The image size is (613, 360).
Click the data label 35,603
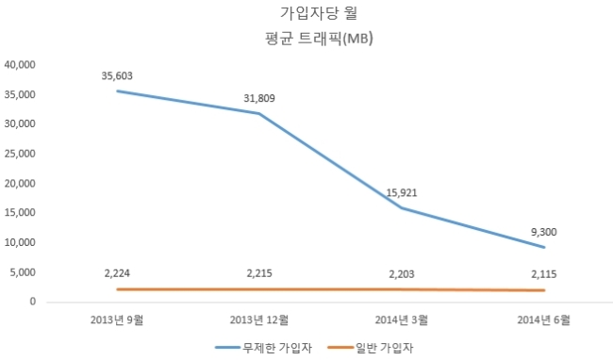[x=117, y=75]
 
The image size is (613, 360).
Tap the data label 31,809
[x=259, y=98]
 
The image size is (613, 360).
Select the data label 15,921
[x=402, y=193]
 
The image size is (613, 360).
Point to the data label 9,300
[x=544, y=232]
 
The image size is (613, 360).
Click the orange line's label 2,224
[x=117, y=273]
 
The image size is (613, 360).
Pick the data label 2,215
[x=259, y=273]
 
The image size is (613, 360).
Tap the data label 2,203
[x=402, y=274]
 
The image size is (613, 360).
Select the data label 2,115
[x=544, y=274]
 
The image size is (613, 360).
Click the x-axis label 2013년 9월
[x=117, y=319]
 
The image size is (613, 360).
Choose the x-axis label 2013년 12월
[x=259, y=319]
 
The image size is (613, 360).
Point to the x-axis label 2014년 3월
[x=402, y=319]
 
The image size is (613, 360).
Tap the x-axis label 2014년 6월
[x=544, y=319]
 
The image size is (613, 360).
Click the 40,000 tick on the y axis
[x=20, y=64]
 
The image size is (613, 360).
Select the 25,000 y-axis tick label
[x=20, y=154]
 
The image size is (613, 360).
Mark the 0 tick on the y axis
[x=33, y=302]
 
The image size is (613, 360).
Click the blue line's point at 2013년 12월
[x=259, y=114]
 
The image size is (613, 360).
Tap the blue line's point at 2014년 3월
[x=402, y=207]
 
